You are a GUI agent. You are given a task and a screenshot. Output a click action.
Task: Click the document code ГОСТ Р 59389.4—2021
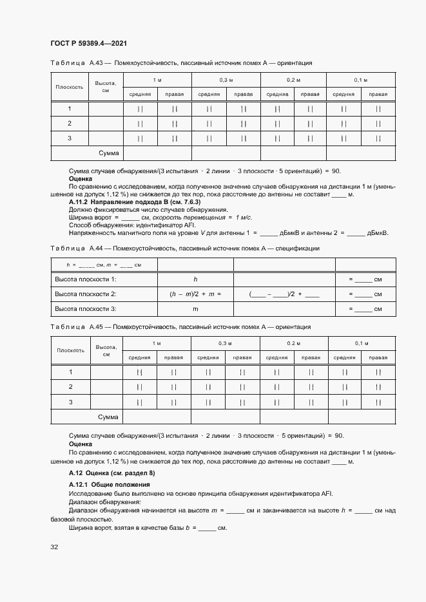(88, 43)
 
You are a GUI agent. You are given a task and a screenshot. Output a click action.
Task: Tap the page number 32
(54, 547)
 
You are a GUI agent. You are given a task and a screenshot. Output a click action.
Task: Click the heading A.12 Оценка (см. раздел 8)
(111, 473)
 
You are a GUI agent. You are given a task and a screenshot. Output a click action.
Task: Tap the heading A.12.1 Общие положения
(104, 484)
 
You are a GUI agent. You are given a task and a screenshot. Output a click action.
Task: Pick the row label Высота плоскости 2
(85, 294)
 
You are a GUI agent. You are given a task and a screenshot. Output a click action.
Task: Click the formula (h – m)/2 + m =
(195, 294)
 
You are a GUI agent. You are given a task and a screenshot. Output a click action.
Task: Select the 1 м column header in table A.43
(157, 79)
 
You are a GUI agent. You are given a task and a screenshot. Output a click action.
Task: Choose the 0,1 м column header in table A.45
(361, 343)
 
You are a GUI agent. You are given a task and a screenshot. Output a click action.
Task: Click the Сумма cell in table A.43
(108, 153)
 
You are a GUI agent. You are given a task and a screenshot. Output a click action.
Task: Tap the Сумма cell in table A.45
(108, 417)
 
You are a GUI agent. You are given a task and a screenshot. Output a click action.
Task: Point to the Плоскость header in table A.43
(70, 86)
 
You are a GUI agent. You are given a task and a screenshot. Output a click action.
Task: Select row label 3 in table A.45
(70, 402)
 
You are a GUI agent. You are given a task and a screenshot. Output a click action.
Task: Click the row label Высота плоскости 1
(85, 279)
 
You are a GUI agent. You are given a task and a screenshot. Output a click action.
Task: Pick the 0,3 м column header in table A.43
(226, 79)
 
